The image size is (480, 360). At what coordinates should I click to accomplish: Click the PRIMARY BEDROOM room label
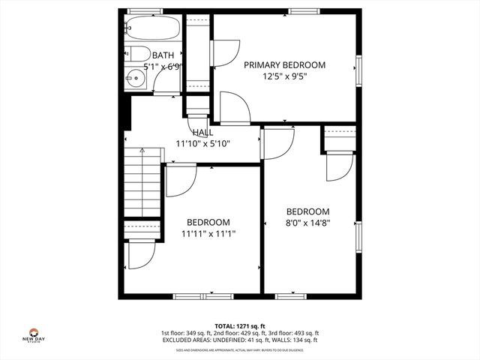point(284,65)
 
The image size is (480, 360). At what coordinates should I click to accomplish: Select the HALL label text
point(202,132)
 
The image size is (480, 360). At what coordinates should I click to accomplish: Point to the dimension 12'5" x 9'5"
point(284,76)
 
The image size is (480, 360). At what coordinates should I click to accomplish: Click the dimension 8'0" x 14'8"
point(307,222)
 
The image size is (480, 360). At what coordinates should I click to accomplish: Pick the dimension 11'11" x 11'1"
point(208,233)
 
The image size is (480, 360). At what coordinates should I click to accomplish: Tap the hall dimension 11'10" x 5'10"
point(202,143)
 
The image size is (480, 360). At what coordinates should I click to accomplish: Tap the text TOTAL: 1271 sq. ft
point(240,326)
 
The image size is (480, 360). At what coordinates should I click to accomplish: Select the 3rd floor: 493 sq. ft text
point(295,333)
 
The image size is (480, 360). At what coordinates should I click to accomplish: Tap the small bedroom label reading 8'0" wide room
point(307,211)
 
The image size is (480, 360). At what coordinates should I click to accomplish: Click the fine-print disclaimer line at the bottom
point(240,349)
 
